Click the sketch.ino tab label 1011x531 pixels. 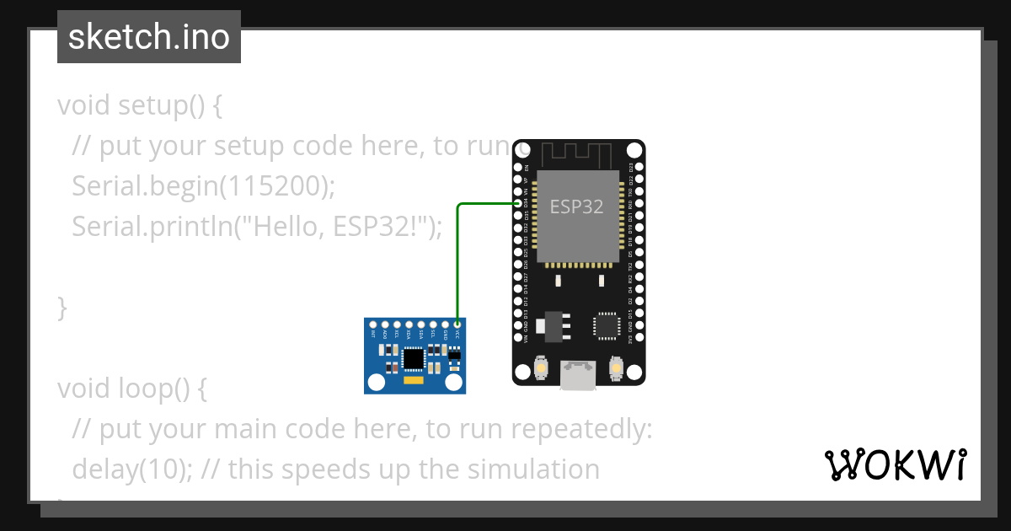point(149,37)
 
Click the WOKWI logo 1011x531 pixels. point(896,465)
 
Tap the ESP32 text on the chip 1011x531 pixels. point(576,206)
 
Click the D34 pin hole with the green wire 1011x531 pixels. point(517,203)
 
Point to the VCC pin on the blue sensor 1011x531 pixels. point(457,324)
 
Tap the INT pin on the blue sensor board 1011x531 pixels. point(373,324)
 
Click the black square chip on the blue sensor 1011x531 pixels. point(413,358)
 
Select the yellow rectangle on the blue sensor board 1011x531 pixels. point(413,382)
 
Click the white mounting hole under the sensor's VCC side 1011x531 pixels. point(455,382)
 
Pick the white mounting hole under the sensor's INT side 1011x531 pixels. point(374,382)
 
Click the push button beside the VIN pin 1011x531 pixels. point(541,369)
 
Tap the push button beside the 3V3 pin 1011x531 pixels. point(616,369)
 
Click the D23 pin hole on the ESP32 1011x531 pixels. point(639,167)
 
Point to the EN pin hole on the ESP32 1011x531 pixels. point(517,167)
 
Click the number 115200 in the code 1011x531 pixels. point(271,186)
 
